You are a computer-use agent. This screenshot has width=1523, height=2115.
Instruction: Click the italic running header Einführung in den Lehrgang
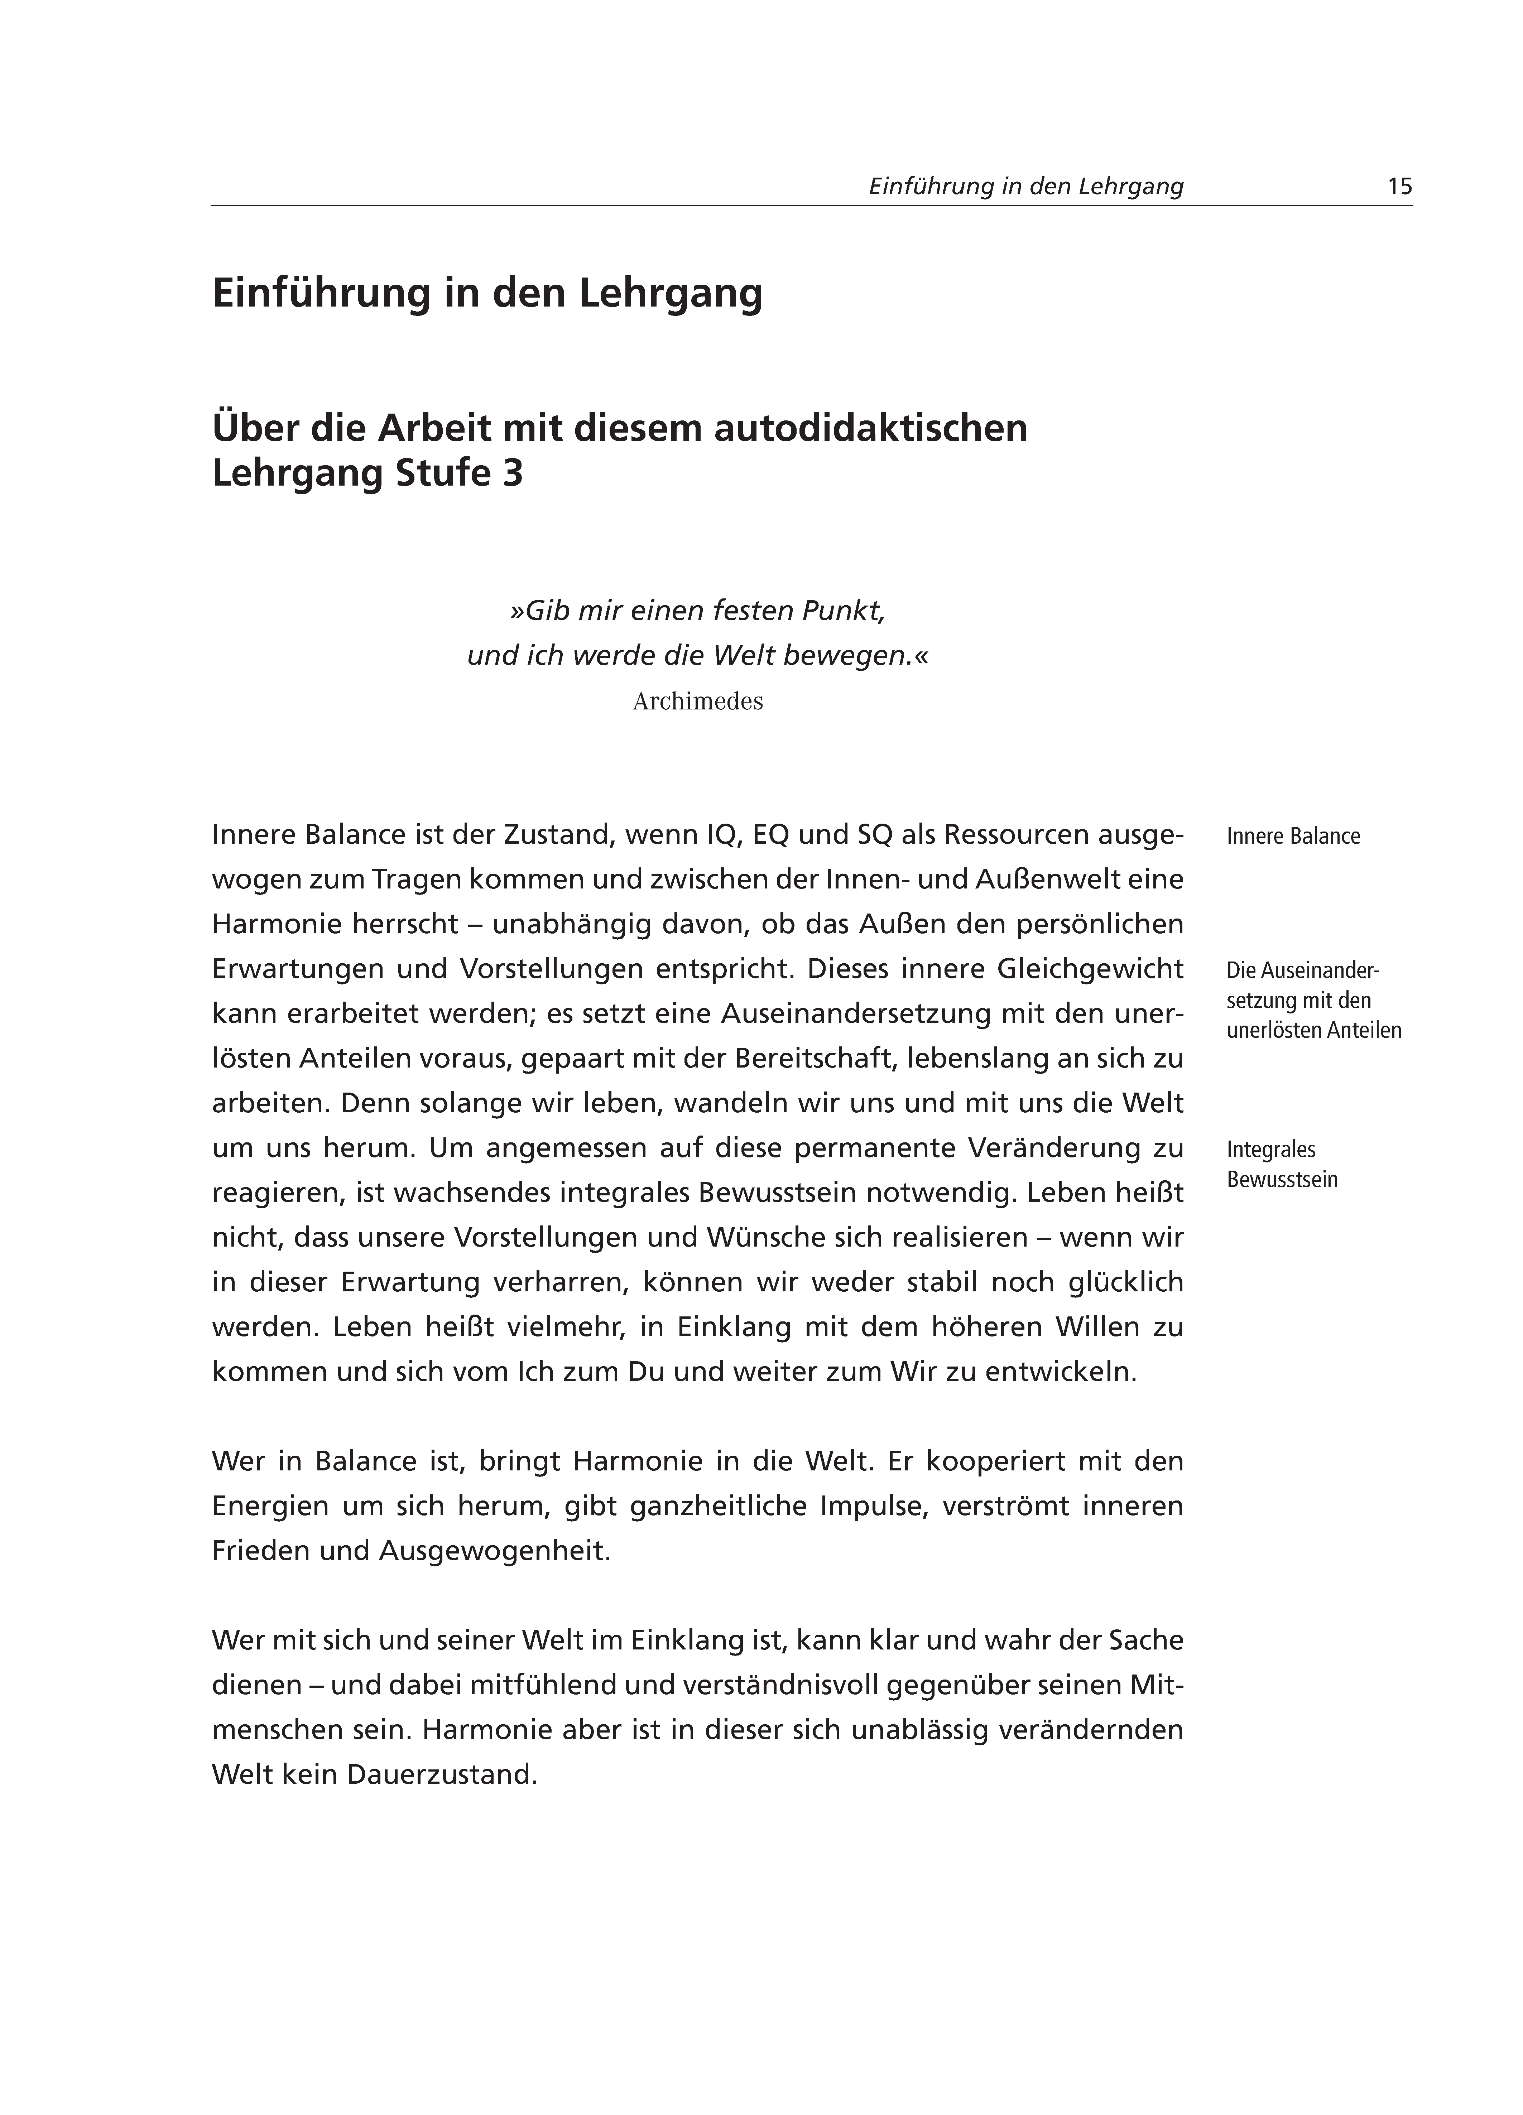coord(1026,187)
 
